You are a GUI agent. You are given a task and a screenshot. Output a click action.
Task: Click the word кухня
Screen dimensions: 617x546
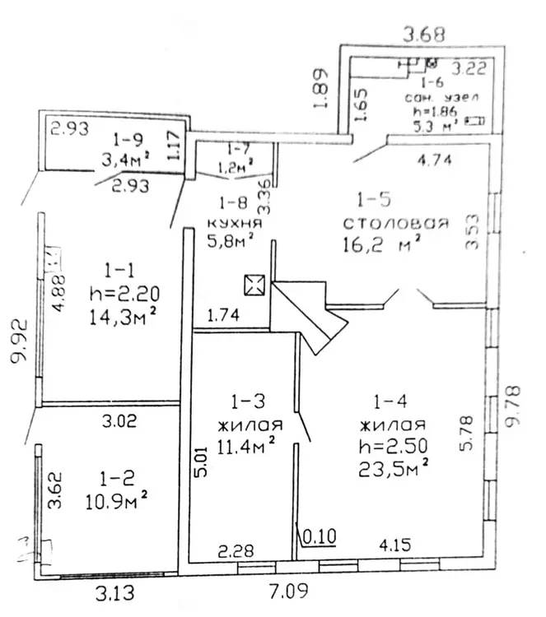click(233, 222)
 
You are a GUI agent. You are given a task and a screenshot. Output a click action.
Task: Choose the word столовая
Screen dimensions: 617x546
click(396, 222)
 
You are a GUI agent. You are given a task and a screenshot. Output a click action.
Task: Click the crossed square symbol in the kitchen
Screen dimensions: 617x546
click(253, 286)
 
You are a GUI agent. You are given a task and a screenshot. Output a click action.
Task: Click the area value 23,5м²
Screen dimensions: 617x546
click(391, 469)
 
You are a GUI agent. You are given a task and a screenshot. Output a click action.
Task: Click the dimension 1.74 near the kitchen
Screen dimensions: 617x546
click(222, 314)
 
